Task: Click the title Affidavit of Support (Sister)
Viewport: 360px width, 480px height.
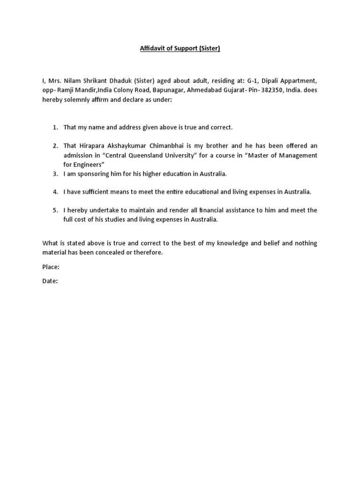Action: [x=180, y=48]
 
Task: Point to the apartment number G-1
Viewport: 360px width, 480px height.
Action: [x=253, y=81]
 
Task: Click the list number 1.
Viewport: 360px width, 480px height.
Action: [x=55, y=127]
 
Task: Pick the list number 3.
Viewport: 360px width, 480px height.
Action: [x=55, y=174]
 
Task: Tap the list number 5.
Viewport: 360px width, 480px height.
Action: [x=55, y=210]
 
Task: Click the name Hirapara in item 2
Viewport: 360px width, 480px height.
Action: [x=91, y=146]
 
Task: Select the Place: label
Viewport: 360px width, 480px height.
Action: [x=51, y=267]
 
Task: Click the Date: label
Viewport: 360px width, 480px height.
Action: [x=50, y=281]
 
